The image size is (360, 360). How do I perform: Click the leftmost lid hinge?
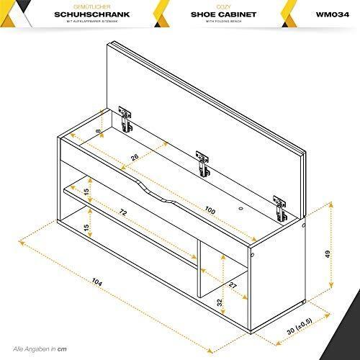127,118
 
